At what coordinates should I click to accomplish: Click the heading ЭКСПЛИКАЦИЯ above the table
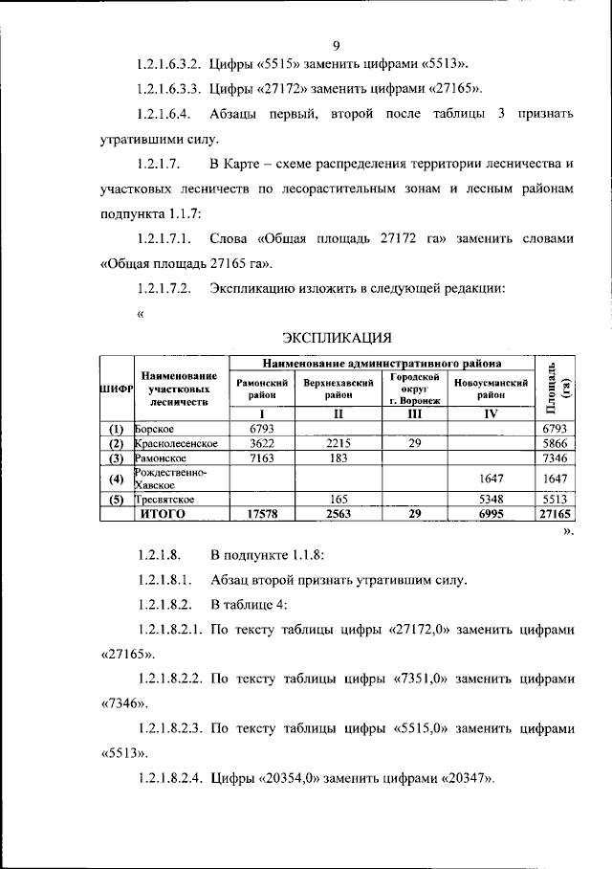point(337,337)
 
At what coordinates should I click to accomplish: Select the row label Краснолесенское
point(178,444)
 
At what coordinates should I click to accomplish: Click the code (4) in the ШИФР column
point(116,479)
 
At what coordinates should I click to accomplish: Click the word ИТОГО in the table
point(164,514)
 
